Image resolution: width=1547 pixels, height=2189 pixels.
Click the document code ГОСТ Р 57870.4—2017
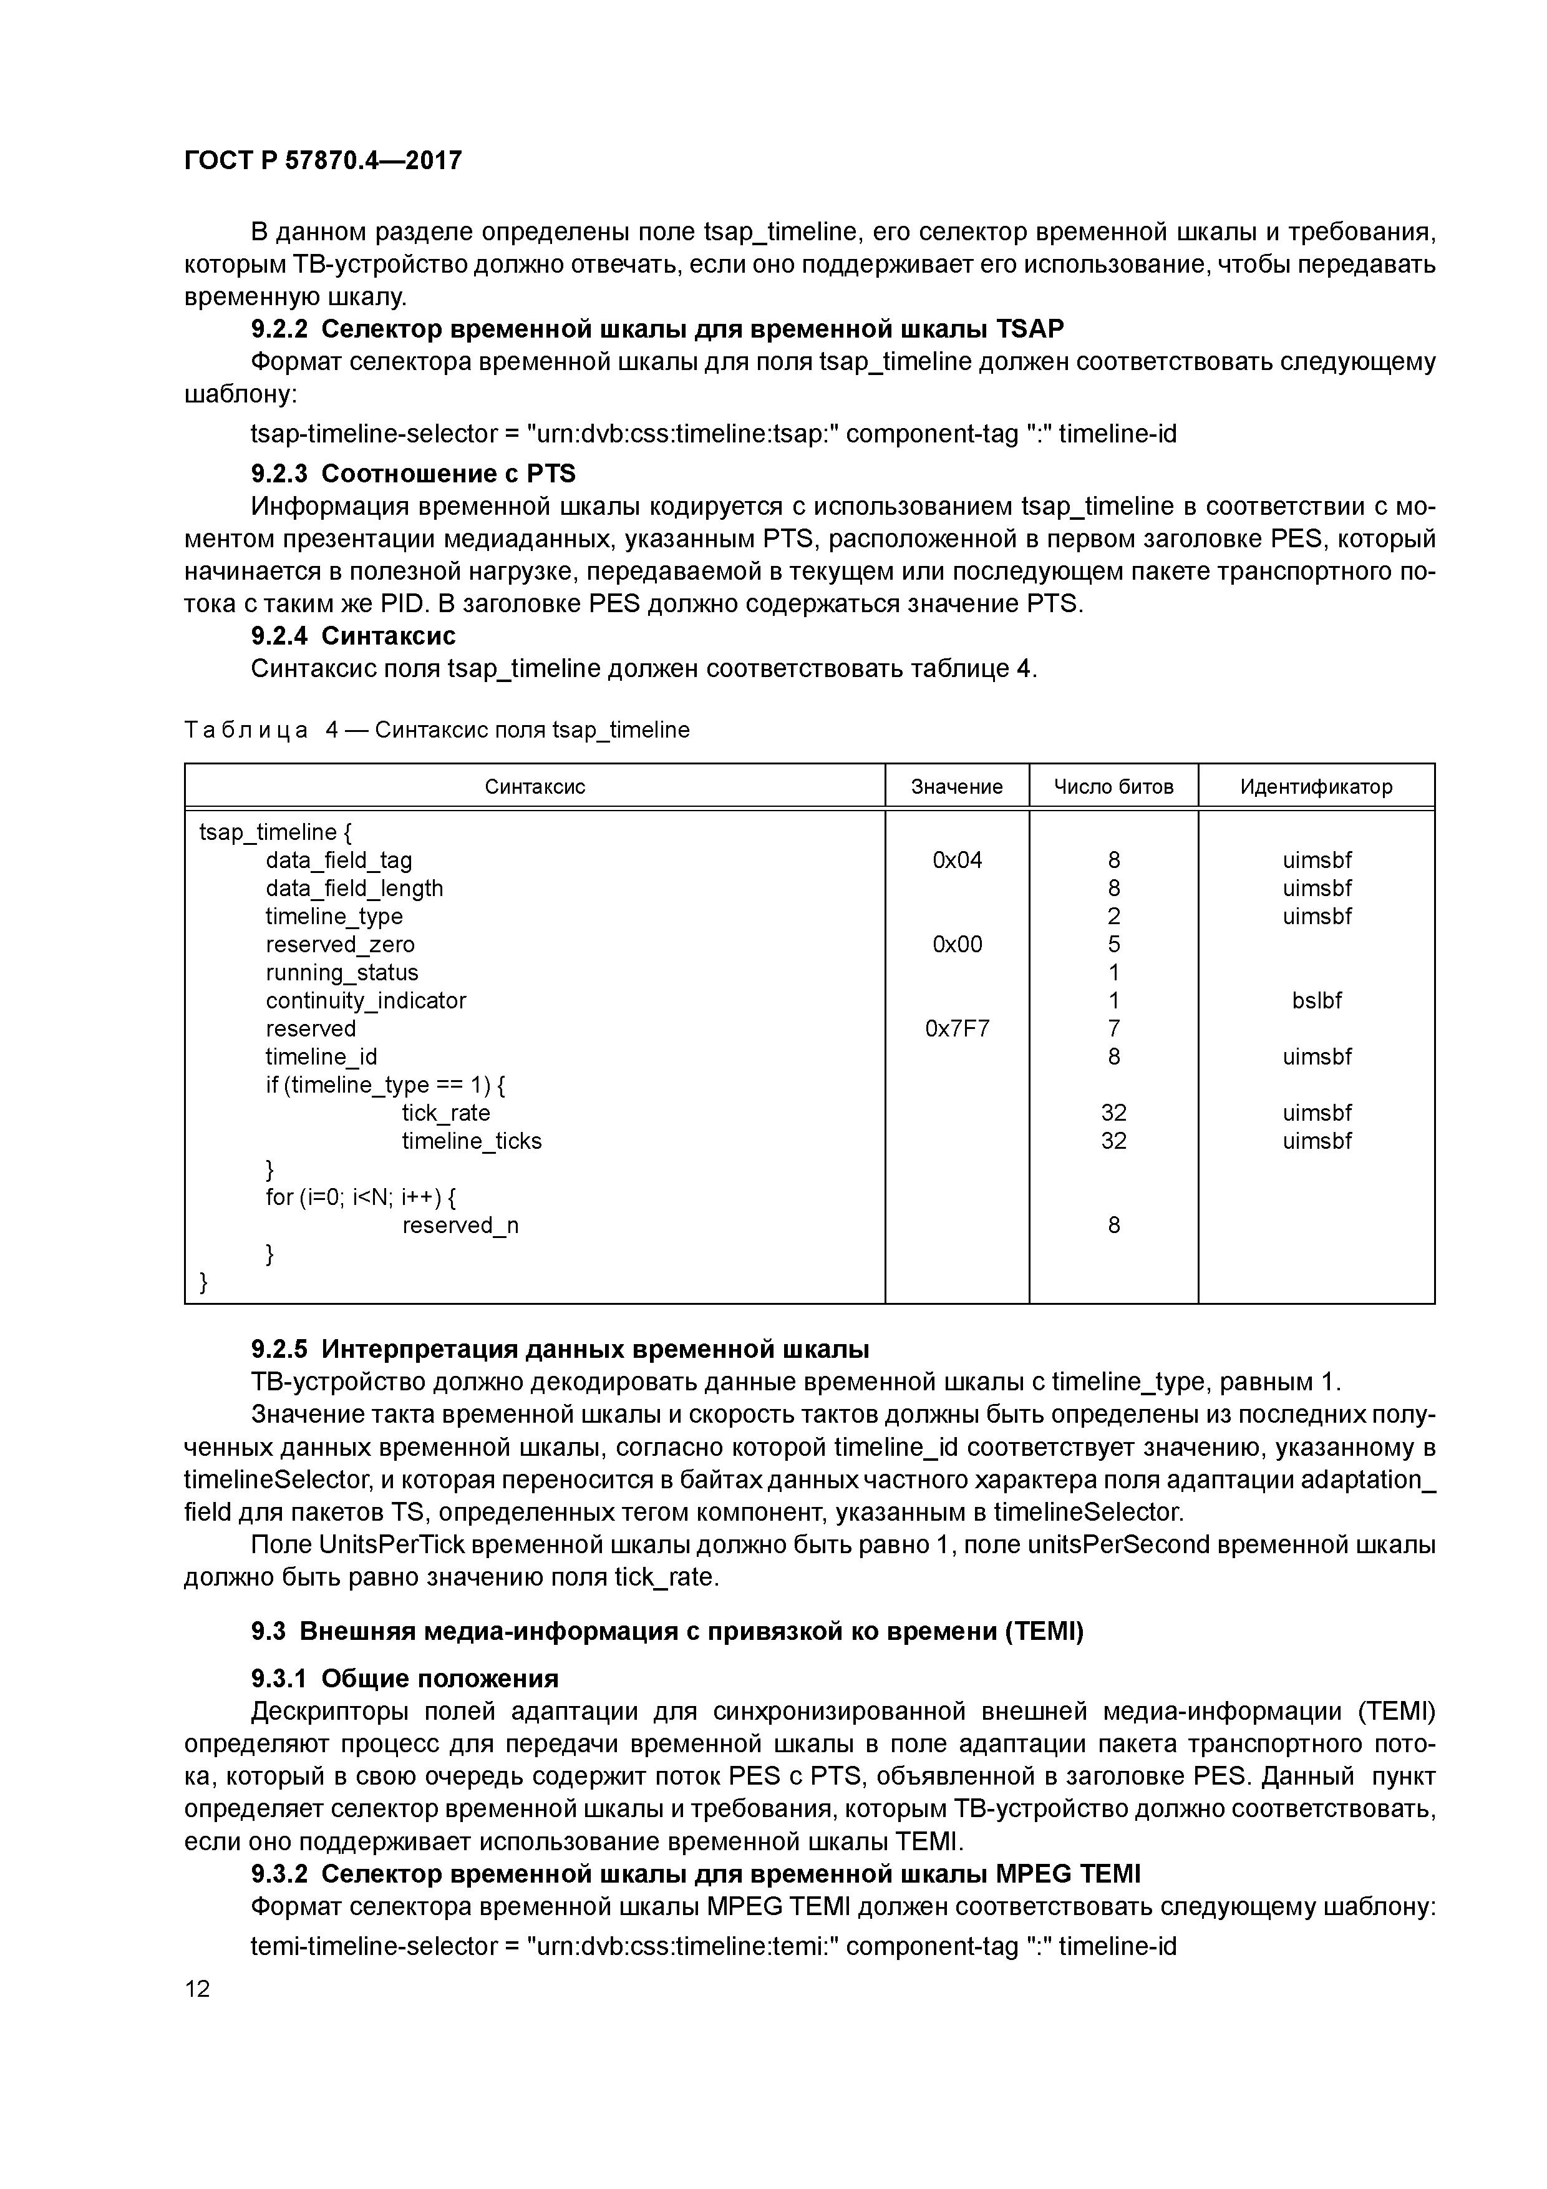coord(322,160)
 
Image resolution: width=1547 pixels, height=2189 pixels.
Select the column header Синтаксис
coord(534,786)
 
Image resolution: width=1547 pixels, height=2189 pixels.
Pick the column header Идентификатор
coord(1316,786)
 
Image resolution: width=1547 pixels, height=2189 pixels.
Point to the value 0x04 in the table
coord(956,860)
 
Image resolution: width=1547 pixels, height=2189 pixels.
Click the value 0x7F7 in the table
coord(956,1029)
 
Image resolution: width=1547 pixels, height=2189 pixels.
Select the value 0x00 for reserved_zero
coord(956,945)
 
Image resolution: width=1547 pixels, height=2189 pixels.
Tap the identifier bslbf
coord(1316,1000)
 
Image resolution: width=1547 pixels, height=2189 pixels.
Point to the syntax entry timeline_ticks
coord(471,1141)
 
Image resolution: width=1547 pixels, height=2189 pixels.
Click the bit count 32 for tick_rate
coord(1113,1113)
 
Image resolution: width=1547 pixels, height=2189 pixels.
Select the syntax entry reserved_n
coord(460,1225)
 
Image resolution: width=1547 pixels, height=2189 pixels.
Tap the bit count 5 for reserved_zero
coord(1113,945)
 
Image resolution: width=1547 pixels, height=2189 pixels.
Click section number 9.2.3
coord(279,474)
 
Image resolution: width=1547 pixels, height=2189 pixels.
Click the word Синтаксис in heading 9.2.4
coord(388,636)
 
